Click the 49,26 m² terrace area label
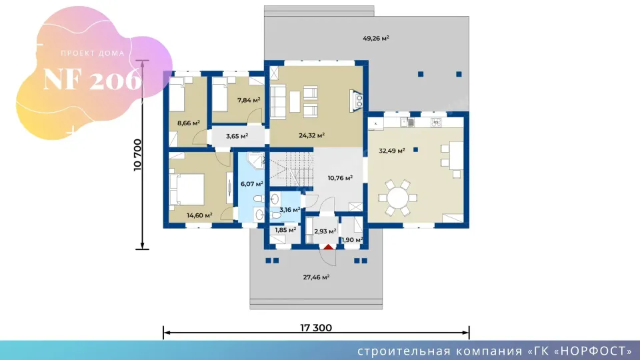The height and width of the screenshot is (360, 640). (376, 39)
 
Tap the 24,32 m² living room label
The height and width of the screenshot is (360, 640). (311, 135)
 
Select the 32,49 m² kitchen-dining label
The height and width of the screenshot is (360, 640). (392, 151)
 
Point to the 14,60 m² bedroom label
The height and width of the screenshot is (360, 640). (199, 215)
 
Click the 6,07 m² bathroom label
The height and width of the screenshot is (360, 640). (252, 184)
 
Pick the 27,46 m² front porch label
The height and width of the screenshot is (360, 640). (316, 277)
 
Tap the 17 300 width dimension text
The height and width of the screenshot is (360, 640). (316, 327)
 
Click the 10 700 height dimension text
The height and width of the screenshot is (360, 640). (137, 155)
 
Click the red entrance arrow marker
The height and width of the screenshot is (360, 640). (329, 247)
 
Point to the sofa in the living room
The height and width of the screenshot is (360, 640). (278, 101)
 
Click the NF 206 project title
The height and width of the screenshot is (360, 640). (93, 79)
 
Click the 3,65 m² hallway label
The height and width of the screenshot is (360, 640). (237, 136)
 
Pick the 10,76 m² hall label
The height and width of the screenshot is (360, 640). (340, 178)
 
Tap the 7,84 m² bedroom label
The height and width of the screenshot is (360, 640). (249, 100)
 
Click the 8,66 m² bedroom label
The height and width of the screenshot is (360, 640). (188, 123)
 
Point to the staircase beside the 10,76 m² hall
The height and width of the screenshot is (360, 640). (291, 168)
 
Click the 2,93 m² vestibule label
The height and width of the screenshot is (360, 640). (325, 231)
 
